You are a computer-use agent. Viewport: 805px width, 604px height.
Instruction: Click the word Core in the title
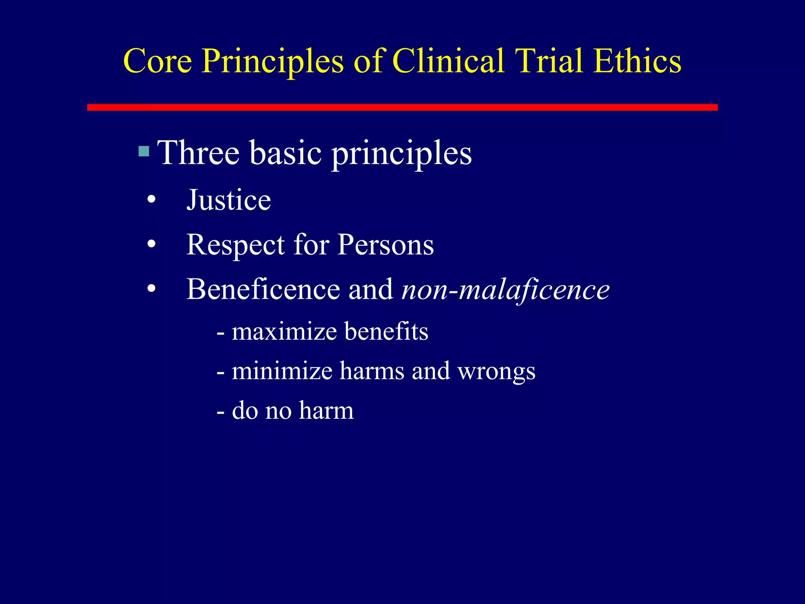(157, 61)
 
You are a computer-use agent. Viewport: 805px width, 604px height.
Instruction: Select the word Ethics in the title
(637, 61)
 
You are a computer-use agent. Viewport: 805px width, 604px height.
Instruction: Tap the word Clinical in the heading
(448, 61)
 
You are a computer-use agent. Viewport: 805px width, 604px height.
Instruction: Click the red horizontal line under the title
(402, 107)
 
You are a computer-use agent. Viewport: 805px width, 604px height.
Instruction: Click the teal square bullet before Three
(144, 151)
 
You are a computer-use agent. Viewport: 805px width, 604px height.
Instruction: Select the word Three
(198, 153)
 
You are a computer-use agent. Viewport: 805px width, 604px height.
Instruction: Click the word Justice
(228, 200)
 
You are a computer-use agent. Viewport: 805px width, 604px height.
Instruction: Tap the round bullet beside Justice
(151, 201)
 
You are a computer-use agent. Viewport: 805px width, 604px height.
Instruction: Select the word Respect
(235, 245)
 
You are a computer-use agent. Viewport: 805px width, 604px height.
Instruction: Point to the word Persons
(386, 245)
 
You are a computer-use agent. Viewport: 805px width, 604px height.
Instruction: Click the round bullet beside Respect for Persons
(151, 245)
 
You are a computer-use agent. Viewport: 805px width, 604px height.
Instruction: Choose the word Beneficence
(263, 289)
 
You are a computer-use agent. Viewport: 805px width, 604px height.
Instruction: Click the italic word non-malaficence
(505, 290)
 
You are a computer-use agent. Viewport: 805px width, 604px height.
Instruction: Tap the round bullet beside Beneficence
(151, 289)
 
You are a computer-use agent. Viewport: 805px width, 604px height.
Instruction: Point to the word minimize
(282, 371)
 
